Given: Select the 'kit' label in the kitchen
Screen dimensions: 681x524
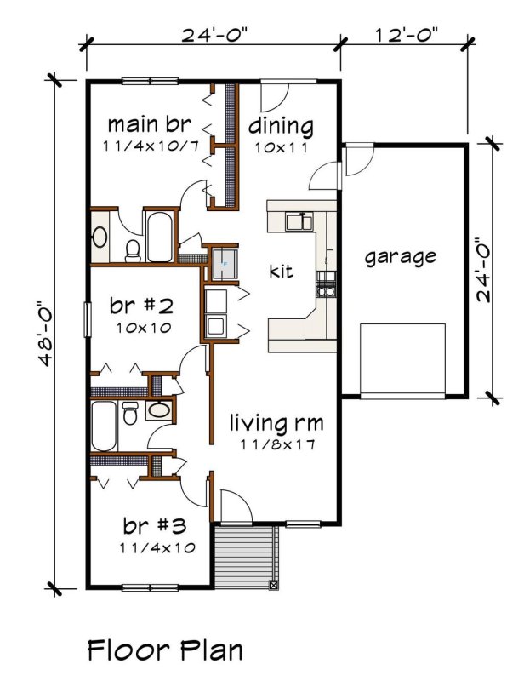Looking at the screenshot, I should pyautogui.click(x=281, y=272).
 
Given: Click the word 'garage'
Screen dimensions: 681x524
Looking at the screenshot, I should pyautogui.click(x=401, y=256).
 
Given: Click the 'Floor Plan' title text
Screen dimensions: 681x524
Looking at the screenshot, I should pyautogui.click(x=165, y=651).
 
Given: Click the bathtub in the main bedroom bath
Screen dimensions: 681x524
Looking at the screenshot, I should pyautogui.click(x=160, y=237).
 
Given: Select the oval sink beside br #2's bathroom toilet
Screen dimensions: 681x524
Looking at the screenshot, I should pyautogui.click(x=158, y=411).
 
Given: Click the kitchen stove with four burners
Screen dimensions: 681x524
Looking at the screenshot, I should pyautogui.click(x=327, y=283).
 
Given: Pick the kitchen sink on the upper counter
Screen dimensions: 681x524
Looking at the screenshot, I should pyautogui.click(x=297, y=222).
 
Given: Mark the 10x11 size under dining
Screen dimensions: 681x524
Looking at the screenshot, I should pyautogui.click(x=281, y=146).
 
